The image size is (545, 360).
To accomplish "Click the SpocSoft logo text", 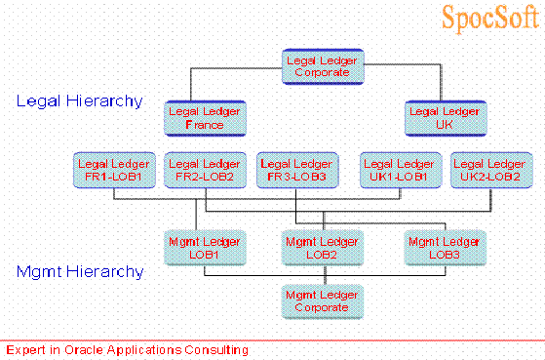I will [487, 19].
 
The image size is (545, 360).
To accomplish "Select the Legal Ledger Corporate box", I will [323, 66].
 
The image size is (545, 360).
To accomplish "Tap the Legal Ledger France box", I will [205, 118].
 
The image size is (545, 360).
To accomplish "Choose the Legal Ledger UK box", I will [445, 118].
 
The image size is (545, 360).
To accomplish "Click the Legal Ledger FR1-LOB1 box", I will [113, 170].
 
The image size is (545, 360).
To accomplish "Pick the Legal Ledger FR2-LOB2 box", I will [205, 170].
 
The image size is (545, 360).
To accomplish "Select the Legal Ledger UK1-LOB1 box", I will [398, 170].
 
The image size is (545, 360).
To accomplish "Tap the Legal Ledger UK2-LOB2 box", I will [490, 170].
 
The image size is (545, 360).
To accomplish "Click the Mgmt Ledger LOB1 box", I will [205, 247].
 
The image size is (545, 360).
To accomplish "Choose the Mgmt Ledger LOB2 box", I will [323, 247].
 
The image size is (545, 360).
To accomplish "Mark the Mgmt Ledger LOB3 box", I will [445, 247].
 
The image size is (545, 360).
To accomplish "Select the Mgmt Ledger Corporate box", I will [323, 300].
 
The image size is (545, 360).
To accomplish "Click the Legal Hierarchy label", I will [79, 100].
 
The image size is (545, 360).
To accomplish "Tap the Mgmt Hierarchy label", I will [79, 272].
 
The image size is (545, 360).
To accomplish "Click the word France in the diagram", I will [205, 124].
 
